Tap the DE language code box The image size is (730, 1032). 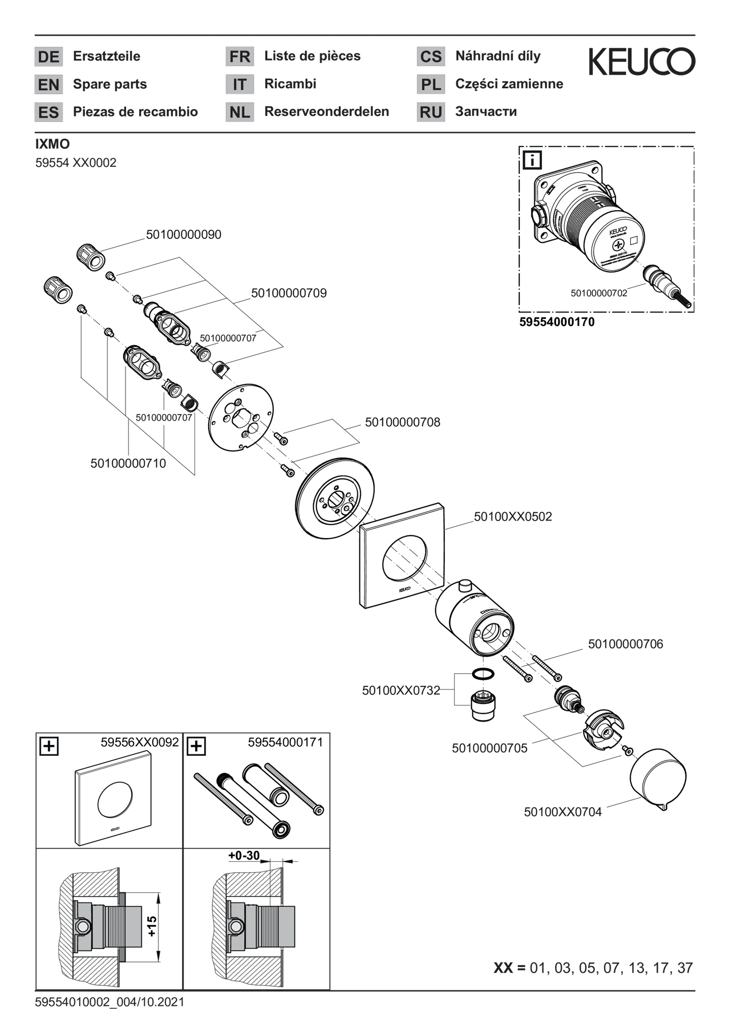(48, 56)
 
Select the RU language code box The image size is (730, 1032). (431, 112)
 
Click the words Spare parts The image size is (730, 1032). (110, 84)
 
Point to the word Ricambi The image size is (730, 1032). (290, 84)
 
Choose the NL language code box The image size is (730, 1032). (240, 112)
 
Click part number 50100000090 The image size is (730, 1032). (184, 235)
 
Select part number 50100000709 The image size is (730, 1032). (289, 293)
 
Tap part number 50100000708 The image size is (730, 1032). (402, 422)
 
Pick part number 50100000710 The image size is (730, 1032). (128, 463)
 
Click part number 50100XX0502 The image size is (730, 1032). (513, 517)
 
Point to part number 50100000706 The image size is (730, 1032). (626, 644)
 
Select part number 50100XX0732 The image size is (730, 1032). (401, 691)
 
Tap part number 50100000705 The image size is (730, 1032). (490, 748)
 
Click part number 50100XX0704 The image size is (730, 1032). (563, 812)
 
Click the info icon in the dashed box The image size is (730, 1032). (532, 160)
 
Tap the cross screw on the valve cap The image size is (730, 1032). (618, 246)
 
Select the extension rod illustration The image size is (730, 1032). (255, 807)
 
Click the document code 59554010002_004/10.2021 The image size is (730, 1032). (110, 1002)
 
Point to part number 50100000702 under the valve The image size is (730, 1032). (599, 293)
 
